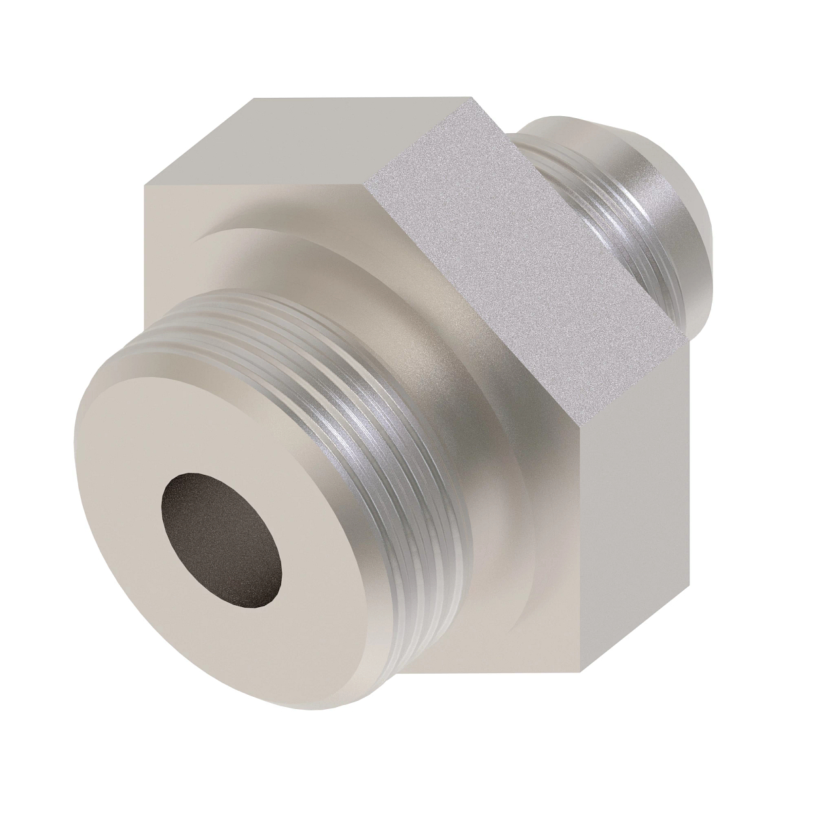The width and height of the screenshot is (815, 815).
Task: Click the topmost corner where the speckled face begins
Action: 473,98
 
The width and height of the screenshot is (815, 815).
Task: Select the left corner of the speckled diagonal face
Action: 365,184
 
